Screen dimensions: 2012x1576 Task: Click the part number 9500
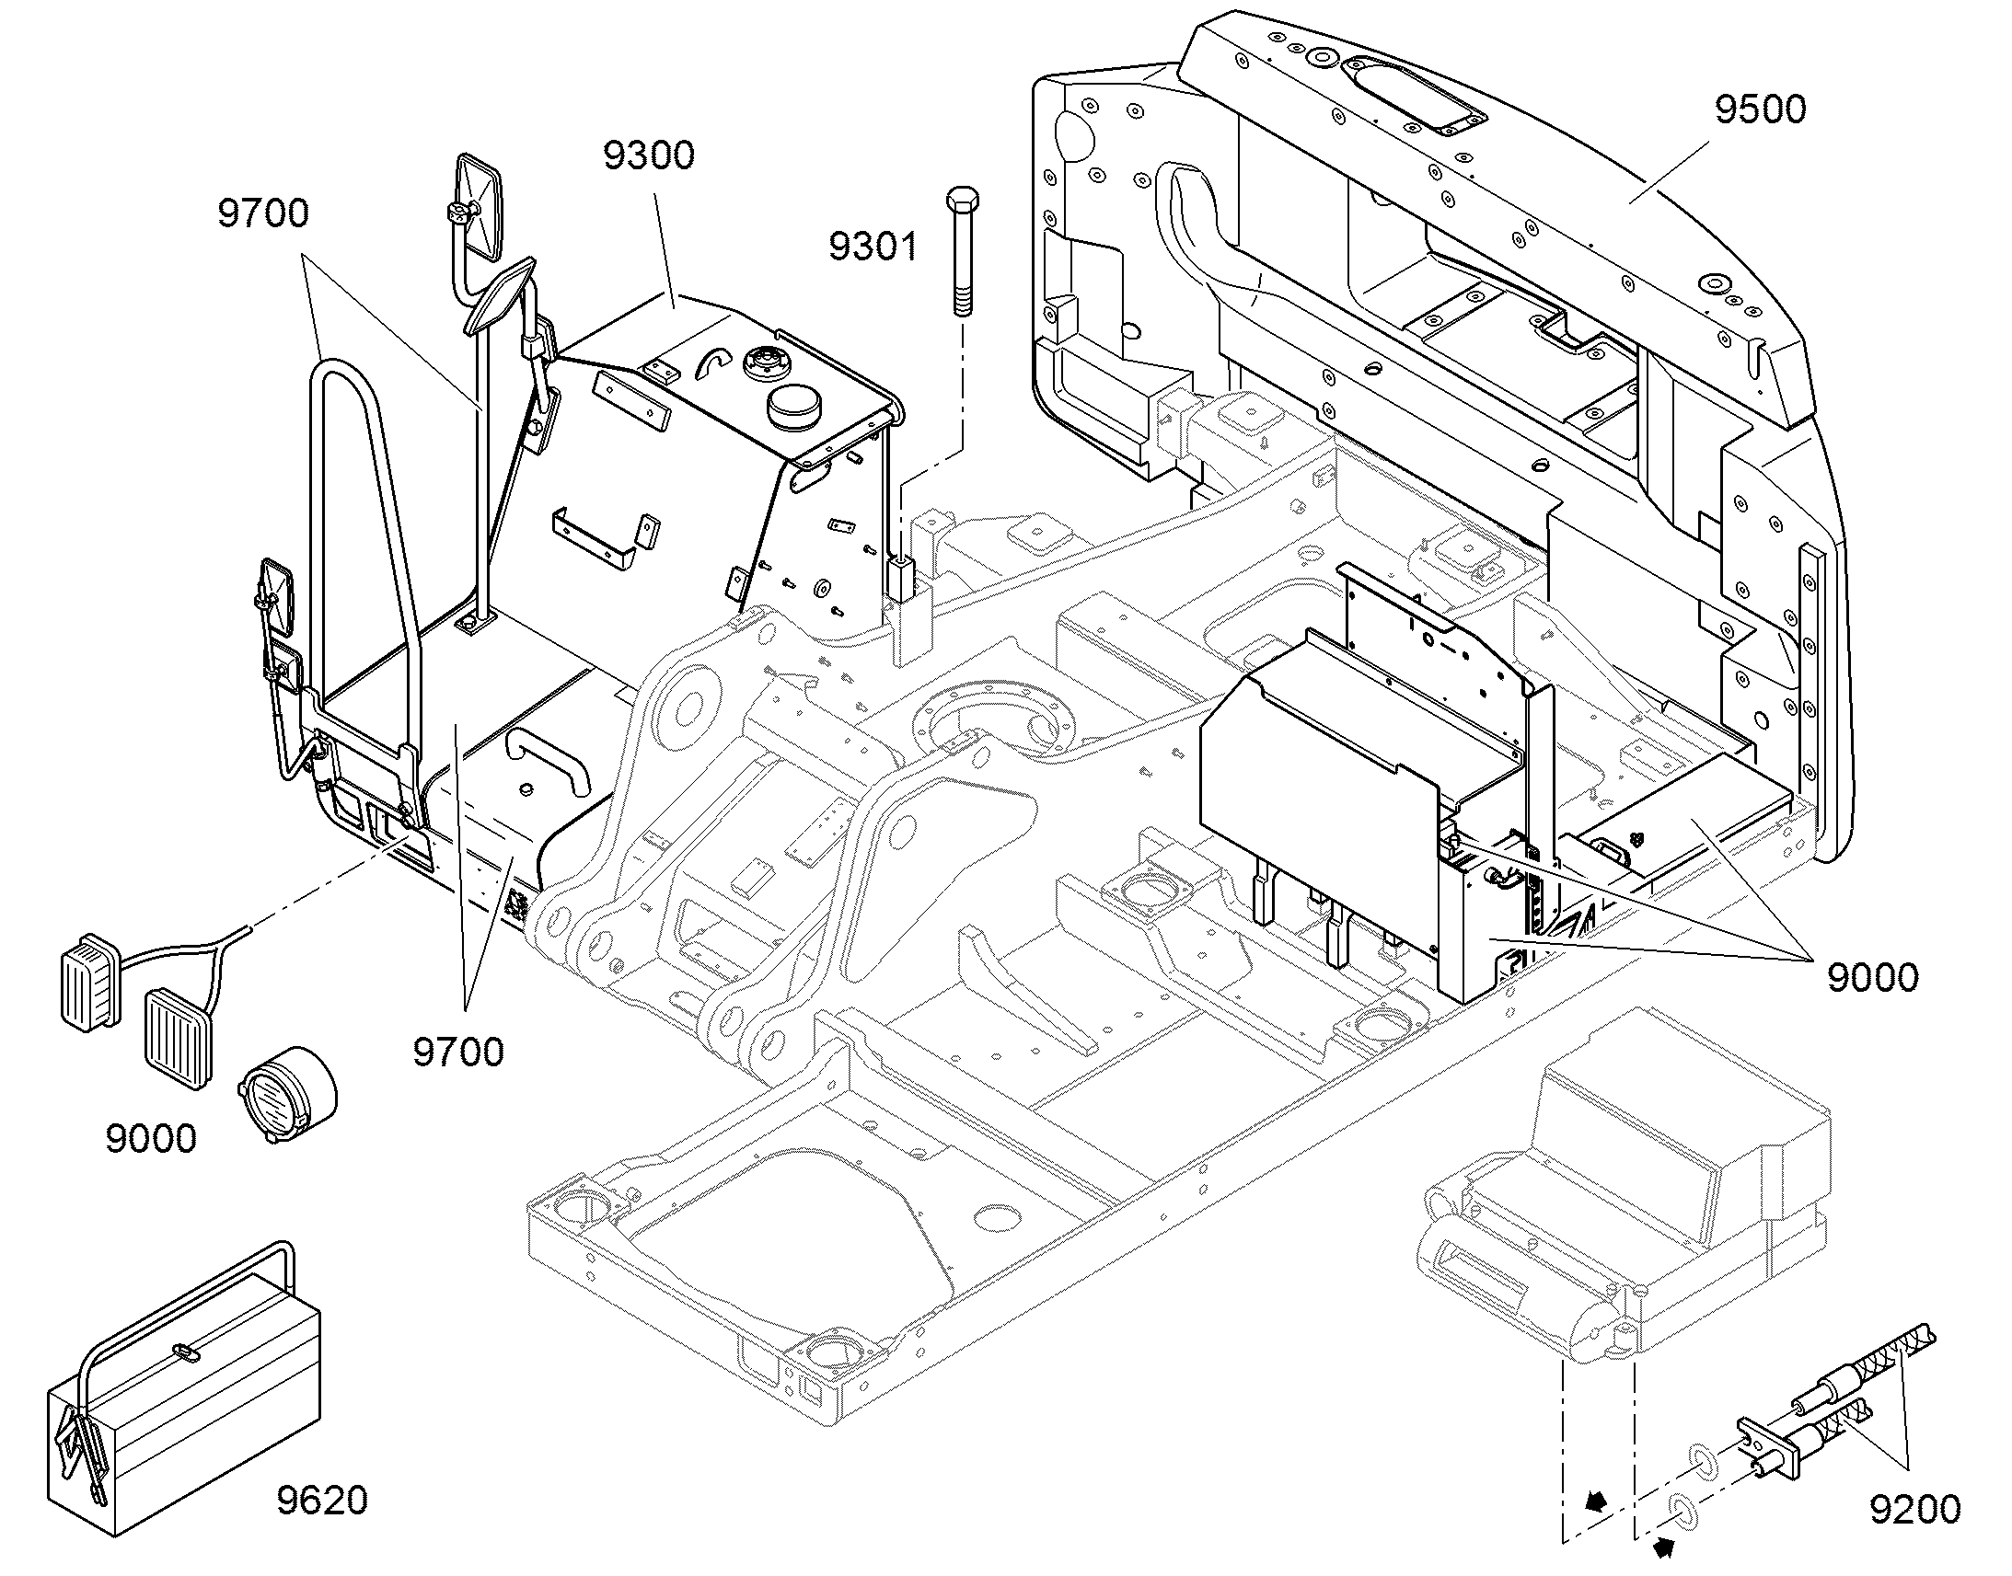pyautogui.click(x=1760, y=109)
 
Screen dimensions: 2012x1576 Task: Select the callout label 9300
pyautogui.click(x=649, y=155)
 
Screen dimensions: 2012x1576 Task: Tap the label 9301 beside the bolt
pyautogui.click(x=873, y=247)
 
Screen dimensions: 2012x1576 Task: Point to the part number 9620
pyautogui.click(x=322, y=1501)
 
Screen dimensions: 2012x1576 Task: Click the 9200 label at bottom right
pyautogui.click(x=1915, y=1510)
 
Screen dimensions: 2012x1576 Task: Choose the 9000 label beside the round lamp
pyautogui.click(x=151, y=1139)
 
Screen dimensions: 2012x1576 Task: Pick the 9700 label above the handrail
pyautogui.click(x=263, y=213)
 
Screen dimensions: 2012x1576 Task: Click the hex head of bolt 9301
pyautogui.click(x=962, y=201)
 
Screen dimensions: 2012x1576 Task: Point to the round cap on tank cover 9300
pyautogui.click(x=792, y=408)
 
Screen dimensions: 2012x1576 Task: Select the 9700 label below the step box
pyautogui.click(x=457, y=1052)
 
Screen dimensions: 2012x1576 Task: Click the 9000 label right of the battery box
pyautogui.click(x=1873, y=976)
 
